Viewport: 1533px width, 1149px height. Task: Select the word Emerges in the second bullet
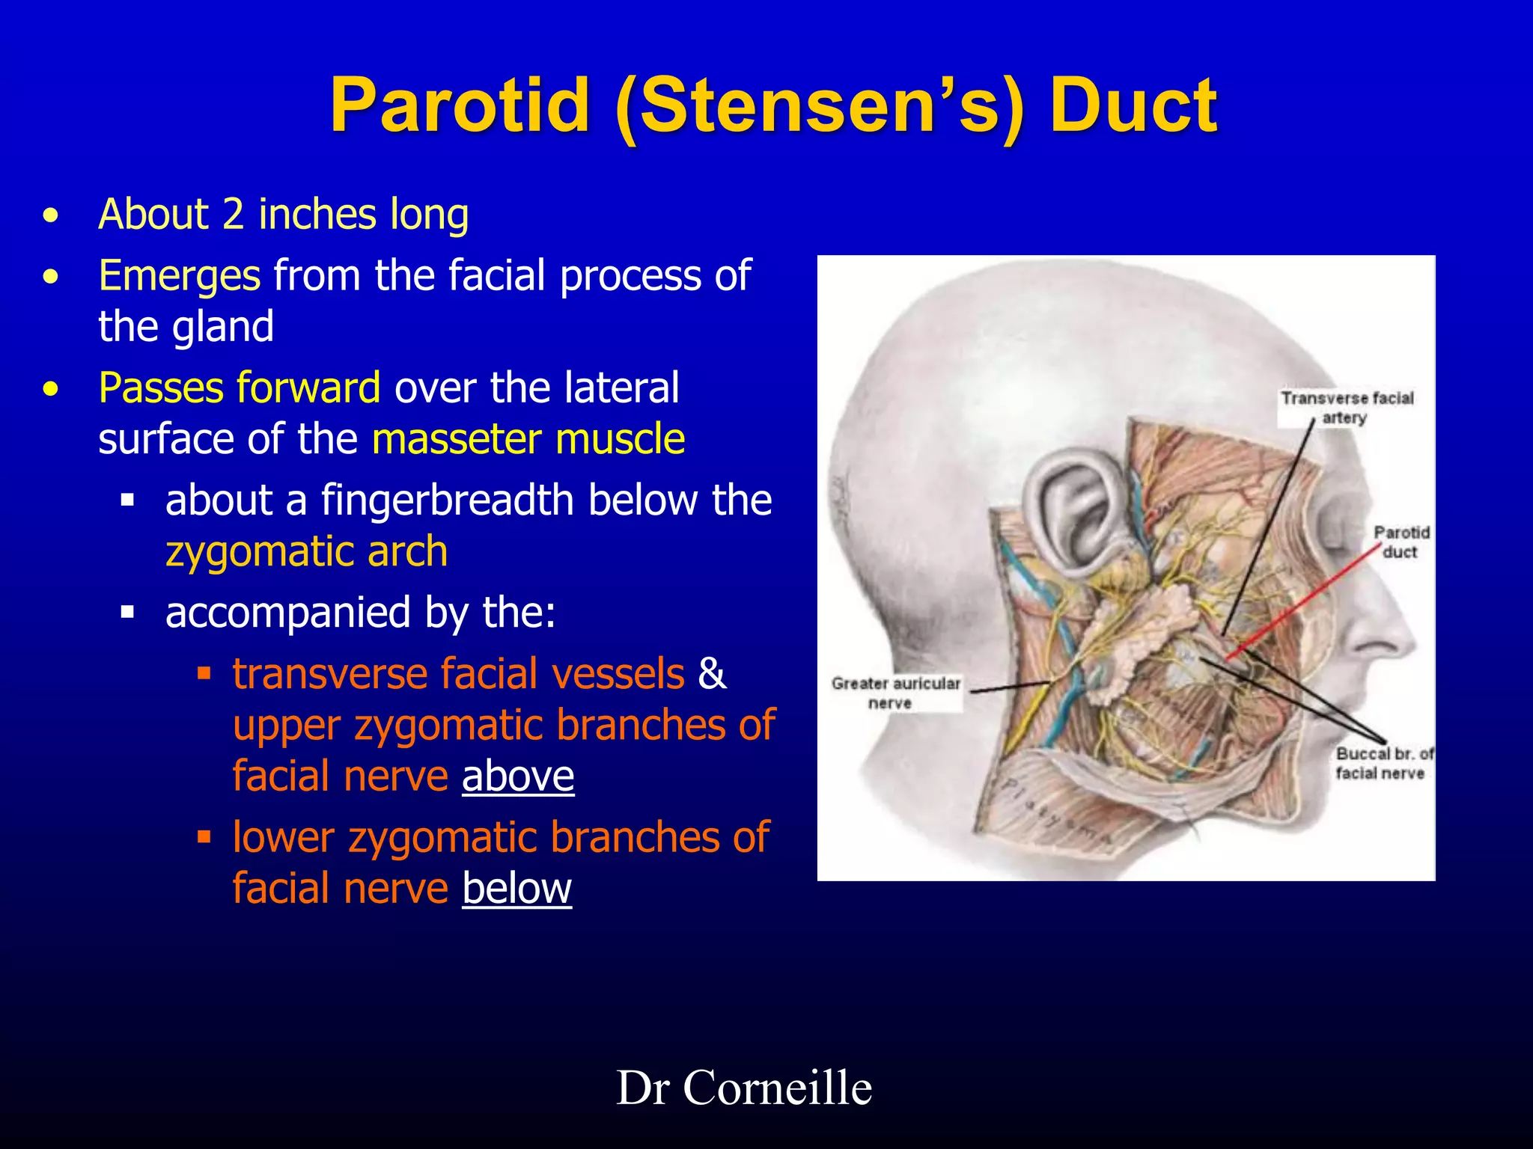click(x=180, y=275)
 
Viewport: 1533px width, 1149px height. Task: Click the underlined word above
click(x=518, y=776)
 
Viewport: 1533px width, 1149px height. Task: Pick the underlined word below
click(x=516, y=888)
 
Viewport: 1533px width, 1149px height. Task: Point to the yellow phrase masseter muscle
click(x=528, y=438)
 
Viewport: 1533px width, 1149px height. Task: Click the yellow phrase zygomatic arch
click(x=307, y=551)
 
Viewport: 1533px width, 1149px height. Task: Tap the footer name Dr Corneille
click(x=744, y=1088)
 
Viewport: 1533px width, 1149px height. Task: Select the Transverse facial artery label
click(x=1347, y=408)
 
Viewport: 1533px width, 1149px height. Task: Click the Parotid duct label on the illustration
click(x=1401, y=542)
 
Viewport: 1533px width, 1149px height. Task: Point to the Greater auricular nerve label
click(x=895, y=693)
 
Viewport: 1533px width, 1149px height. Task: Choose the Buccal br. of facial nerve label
click(x=1383, y=763)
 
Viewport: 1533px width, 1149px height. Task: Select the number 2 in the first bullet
click(x=234, y=215)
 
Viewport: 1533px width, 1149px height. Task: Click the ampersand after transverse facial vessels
click(x=712, y=673)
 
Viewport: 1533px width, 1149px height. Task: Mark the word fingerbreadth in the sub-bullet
click(x=448, y=500)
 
